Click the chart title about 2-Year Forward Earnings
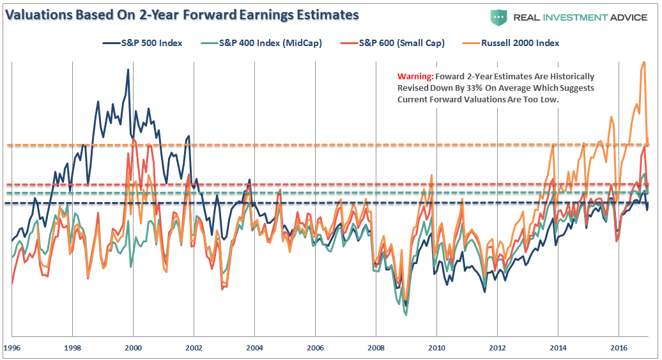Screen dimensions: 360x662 pyautogui.click(x=182, y=15)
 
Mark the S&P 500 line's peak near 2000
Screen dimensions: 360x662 pyautogui.click(x=128, y=69)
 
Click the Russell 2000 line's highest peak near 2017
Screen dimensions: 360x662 pyautogui.click(x=643, y=62)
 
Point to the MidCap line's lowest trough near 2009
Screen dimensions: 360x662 pyautogui.click(x=405, y=314)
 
